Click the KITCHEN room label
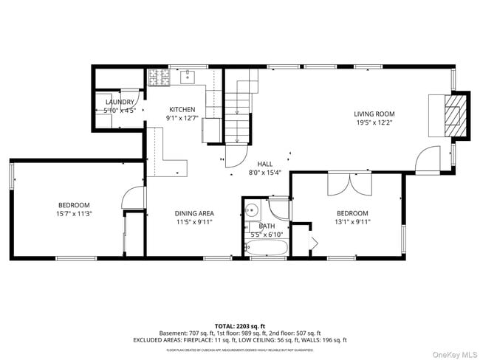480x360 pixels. point(182,109)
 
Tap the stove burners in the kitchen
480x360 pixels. point(157,76)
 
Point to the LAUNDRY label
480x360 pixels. point(120,102)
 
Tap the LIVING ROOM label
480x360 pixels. point(374,114)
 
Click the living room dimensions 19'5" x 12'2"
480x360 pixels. point(374,122)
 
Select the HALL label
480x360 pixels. point(264,164)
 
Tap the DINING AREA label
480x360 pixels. point(194,213)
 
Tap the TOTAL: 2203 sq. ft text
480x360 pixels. point(240,325)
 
